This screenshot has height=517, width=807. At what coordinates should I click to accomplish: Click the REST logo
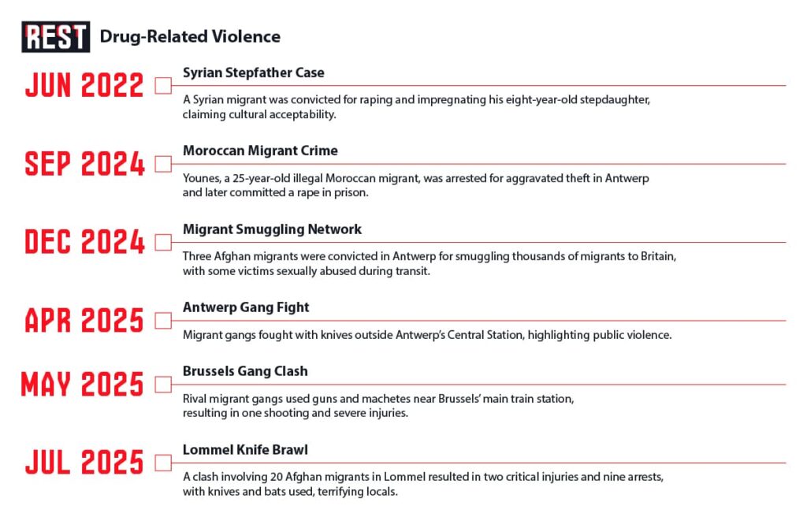pyautogui.click(x=55, y=37)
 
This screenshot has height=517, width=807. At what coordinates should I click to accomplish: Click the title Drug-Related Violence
pyautogui.click(x=189, y=36)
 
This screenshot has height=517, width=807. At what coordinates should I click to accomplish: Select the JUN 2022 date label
pyautogui.click(x=84, y=85)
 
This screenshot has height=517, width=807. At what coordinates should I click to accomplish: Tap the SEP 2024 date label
pyautogui.click(x=84, y=164)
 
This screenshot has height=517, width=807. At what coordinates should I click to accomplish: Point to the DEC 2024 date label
pyautogui.click(x=84, y=242)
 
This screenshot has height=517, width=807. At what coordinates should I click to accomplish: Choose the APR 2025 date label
pyautogui.click(x=84, y=321)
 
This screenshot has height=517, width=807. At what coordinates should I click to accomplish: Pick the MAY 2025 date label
pyautogui.click(x=83, y=385)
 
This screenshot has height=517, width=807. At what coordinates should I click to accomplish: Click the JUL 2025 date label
pyautogui.click(x=84, y=463)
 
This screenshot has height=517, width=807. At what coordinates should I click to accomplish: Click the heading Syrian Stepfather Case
pyautogui.click(x=253, y=73)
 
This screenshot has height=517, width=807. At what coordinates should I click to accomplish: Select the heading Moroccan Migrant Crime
pyautogui.click(x=260, y=151)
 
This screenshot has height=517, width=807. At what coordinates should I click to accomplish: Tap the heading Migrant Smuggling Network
pyautogui.click(x=272, y=229)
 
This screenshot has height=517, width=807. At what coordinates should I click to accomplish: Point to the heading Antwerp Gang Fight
pyautogui.click(x=246, y=307)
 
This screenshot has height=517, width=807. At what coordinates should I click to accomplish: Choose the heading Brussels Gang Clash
pyautogui.click(x=245, y=371)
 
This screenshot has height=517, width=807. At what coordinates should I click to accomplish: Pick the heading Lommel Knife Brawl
pyautogui.click(x=245, y=450)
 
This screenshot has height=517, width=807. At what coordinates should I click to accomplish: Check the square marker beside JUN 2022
pyautogui.click(x=163, y=85)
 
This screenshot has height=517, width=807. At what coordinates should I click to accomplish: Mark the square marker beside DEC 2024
pyautogui.click(x=163, y=242)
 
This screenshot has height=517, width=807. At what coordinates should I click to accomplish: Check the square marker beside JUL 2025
pyautogui.click(x=163, y=463)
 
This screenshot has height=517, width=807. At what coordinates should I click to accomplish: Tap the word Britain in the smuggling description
pyautogui.click(x=656, y=257)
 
